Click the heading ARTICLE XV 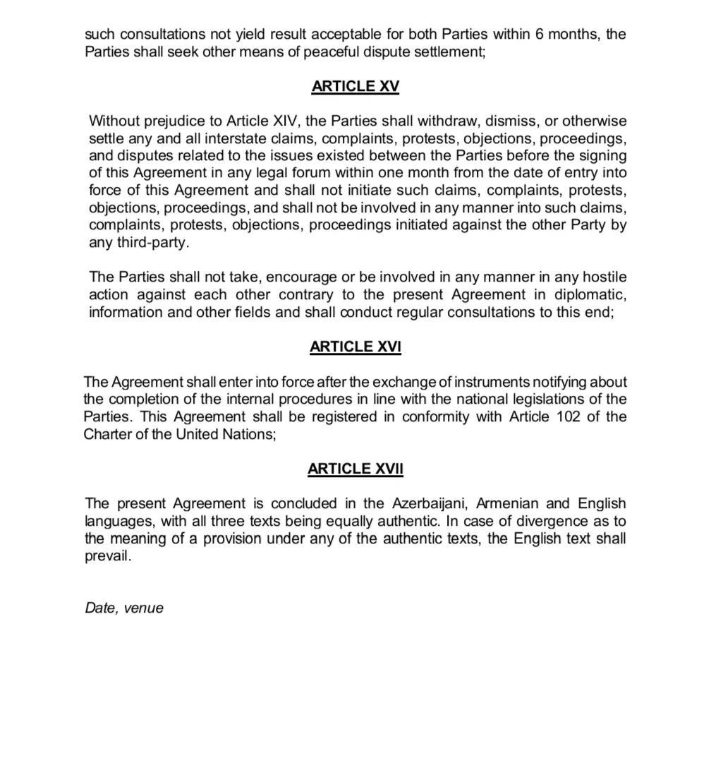(355, 86)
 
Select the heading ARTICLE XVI (355, 347)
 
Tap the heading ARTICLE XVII (355, 469)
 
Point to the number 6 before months (540, 34)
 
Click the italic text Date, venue (124, 608)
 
